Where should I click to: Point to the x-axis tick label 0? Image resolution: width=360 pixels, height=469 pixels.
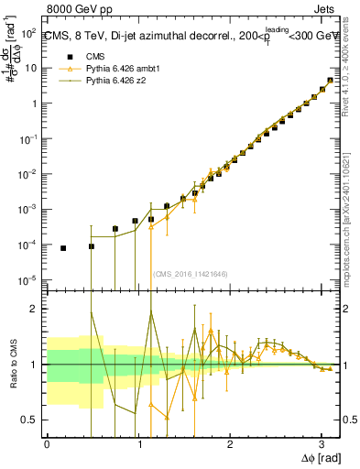pyautogui.click(x=47, y=443)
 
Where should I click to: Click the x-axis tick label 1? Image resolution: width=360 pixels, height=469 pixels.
pyautogui.click(x=138, y=443)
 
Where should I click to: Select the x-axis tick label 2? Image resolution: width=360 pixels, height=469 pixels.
pyautogui.click(x=230, y=443)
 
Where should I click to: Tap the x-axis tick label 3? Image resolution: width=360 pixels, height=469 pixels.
pyautogui.click(x=322, y=443)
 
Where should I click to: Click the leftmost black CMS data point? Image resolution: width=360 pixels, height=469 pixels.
pyautogui.click(x=63, y=248)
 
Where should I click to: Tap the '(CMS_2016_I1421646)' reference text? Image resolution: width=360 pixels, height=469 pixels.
pyautogui.click(x=191, y=273)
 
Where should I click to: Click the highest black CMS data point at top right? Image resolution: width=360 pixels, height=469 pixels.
pyautogui.click(x=330, y=81)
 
